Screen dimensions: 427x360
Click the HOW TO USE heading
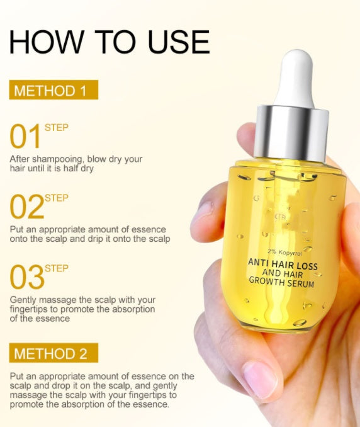[110, 42]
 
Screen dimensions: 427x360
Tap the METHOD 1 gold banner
[53, 90]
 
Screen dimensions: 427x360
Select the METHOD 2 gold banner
[53, 353]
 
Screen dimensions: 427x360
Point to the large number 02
[26, 207]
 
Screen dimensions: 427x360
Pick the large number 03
[26, 277]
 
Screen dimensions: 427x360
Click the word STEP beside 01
[57, 128]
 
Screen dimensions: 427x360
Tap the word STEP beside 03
[57, 268]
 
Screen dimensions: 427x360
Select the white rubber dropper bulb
[295, 79]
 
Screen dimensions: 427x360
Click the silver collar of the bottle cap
[292, 135]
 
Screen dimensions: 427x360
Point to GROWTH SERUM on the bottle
[283, 283]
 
